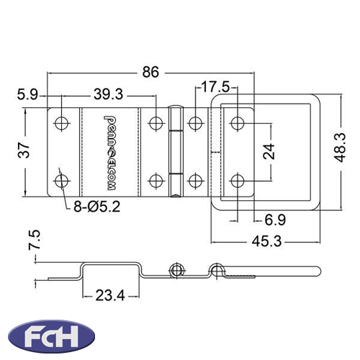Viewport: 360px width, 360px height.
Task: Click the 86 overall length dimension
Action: tap(150, 72)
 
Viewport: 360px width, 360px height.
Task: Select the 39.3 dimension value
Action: tap(108, 94)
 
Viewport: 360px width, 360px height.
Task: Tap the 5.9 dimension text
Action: tap(27, 94)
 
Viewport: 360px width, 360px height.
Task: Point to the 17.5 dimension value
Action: tap(215, 87)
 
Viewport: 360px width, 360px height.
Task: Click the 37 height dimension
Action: tap(24, 150)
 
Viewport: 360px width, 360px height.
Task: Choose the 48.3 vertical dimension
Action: tap(340, 148)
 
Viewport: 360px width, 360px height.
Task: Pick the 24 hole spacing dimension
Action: tap(269, 151)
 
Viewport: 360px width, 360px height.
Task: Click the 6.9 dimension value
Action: tap(275, 220)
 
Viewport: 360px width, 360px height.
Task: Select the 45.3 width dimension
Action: tap(266, 241)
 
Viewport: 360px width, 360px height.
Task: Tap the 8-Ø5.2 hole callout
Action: tap(96, 207)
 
